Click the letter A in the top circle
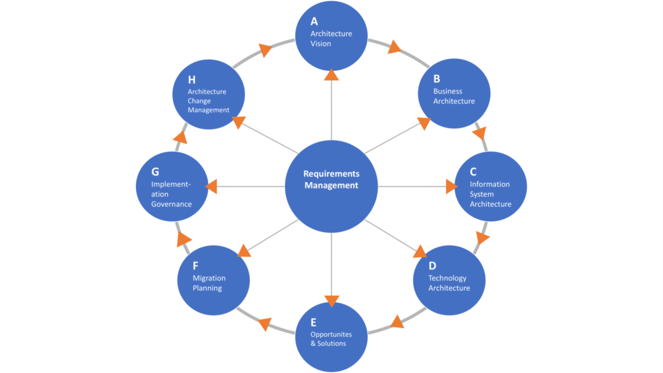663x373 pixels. [x=314, y=21]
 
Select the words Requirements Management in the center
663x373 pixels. [x=331, y=179]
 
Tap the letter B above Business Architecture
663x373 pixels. [x=437, y=78]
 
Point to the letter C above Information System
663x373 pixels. [x=473, y=172]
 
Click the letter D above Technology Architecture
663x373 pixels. [x=432, y=266]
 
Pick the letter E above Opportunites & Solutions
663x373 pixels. [x=313, y=322]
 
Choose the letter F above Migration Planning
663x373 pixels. [x=196, y=266]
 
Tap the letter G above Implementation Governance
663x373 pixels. [x=155, y=172]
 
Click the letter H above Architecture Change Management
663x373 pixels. [x=192, y=80]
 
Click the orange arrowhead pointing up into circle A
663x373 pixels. [x=331, y=75]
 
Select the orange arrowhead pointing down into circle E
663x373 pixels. [x=332, y=300]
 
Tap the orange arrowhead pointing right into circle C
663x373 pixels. [x=451, y=186]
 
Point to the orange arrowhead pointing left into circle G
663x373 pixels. [x=212, y=186]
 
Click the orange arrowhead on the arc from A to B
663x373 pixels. [x=394, y=47]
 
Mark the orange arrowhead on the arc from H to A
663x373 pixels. [x=265, y=49]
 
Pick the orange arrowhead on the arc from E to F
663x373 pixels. [x=265, y=324]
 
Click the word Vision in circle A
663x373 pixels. [x=321, y=43]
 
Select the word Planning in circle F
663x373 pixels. [x=207, y=288]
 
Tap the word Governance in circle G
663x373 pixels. [x=171, y=204]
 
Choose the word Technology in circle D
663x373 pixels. [x=447, y=278]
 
